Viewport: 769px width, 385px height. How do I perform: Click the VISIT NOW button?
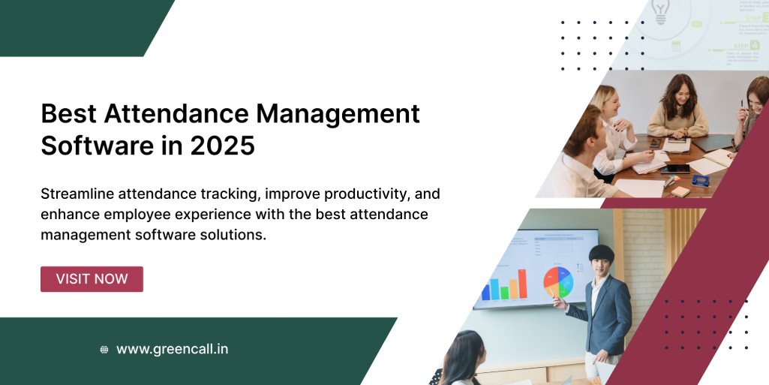(92, 279)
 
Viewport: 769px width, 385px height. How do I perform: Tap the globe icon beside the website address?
(104, 350)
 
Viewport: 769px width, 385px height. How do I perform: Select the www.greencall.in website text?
(172, 349)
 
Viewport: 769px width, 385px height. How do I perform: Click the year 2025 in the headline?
(222, 146)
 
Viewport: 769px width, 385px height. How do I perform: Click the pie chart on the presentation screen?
(558, 281)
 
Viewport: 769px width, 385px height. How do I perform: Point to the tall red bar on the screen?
(523, 284)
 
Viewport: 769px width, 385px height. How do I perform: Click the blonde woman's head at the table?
(605, 100)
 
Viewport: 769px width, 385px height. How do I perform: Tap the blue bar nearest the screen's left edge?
(485, 290)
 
